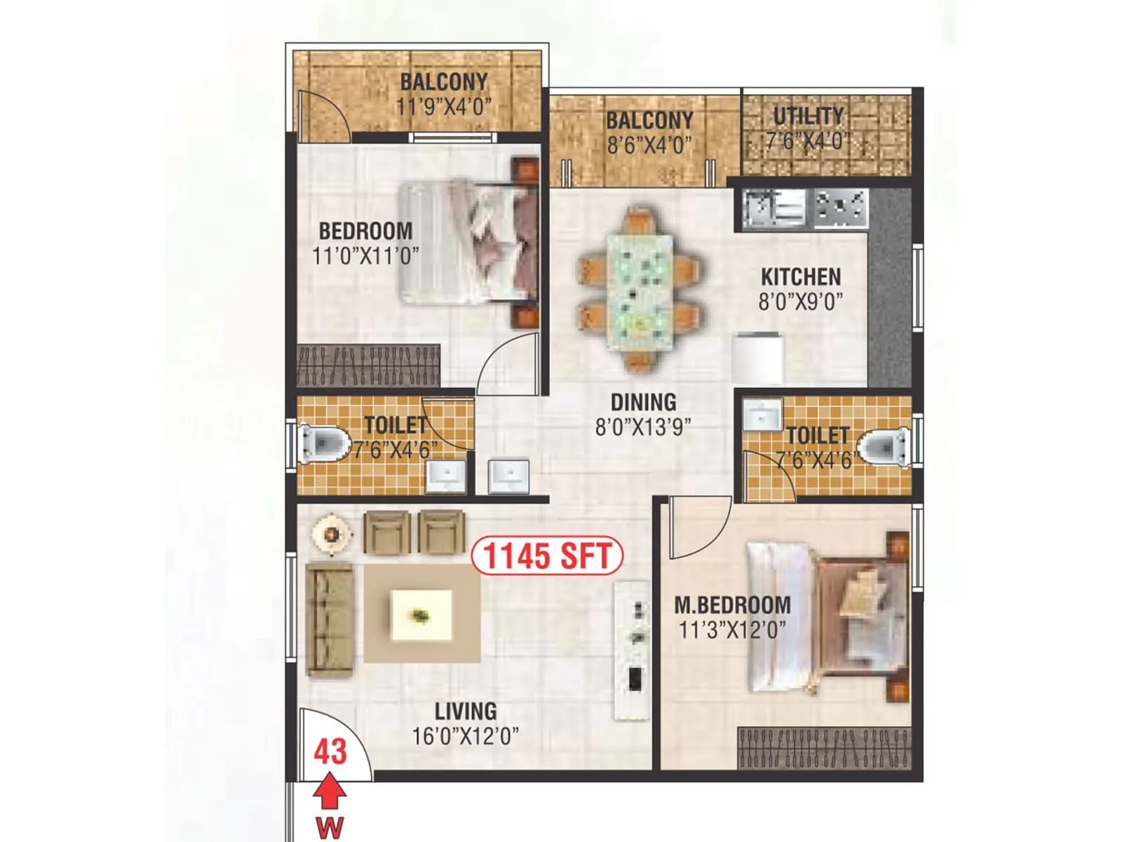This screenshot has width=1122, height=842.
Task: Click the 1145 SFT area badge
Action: [547, 556]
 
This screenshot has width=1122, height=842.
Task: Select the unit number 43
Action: [330, 751]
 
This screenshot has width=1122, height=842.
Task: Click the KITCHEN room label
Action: [801, 276]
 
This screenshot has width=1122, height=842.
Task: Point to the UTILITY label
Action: [808, 116]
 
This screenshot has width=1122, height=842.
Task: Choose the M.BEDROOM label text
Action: [732, 605]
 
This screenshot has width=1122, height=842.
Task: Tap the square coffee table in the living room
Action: [421, 615]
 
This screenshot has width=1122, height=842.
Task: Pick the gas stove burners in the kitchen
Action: [840, 207]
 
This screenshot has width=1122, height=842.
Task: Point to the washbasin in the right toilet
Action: [762, 415]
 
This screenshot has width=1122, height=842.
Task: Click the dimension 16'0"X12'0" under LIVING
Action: [466, 736]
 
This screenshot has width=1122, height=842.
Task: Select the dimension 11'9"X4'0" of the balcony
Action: [443, 107]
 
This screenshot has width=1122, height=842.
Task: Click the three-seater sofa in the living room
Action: [329, 619]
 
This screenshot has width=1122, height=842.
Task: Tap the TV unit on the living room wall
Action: [633, 649]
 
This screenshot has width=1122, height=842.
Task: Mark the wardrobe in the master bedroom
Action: [824, 749]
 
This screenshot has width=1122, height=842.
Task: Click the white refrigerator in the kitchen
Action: [757, 359]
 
